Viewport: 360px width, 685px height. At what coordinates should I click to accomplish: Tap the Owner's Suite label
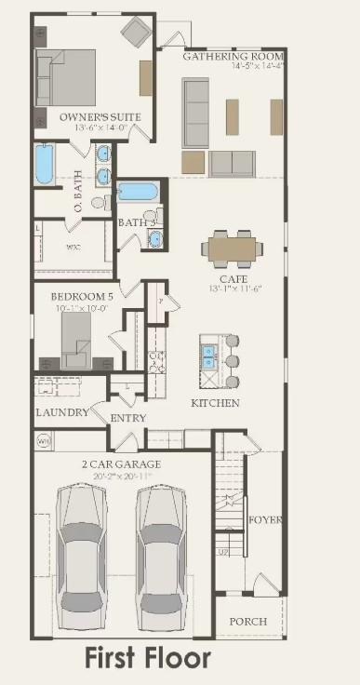pyautogui.click(x=87, y=117)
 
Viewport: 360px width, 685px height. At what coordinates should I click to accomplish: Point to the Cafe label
pyautogui.click(x=233, y=278)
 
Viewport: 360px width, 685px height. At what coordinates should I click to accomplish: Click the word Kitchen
pyautogui.click(x=215, y=403)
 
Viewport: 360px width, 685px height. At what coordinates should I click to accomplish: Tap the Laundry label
pyautogui.click(x=62, y=411)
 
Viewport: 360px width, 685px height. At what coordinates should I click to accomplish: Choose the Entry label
pyautogui.click(x=128, y=418)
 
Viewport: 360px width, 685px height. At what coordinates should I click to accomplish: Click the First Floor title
pyautogui.click(x=148, y=659)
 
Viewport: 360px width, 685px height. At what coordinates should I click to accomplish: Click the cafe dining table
pyautogui.click(x=233, y=248)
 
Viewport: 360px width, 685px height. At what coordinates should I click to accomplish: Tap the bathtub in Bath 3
pyautogui.click(x=138, y=193)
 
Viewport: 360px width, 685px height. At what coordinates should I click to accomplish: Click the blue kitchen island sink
pyautogui.click(x=209, y=356)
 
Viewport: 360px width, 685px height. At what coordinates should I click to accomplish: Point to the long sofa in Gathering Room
pyautogui.click(x=195, y=112)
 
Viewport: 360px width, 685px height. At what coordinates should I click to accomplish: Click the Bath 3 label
pyautogui.click(x=136, y=222)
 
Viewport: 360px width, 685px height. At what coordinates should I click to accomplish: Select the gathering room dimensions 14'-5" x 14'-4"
pyautogui.click(x=232, y=67)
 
